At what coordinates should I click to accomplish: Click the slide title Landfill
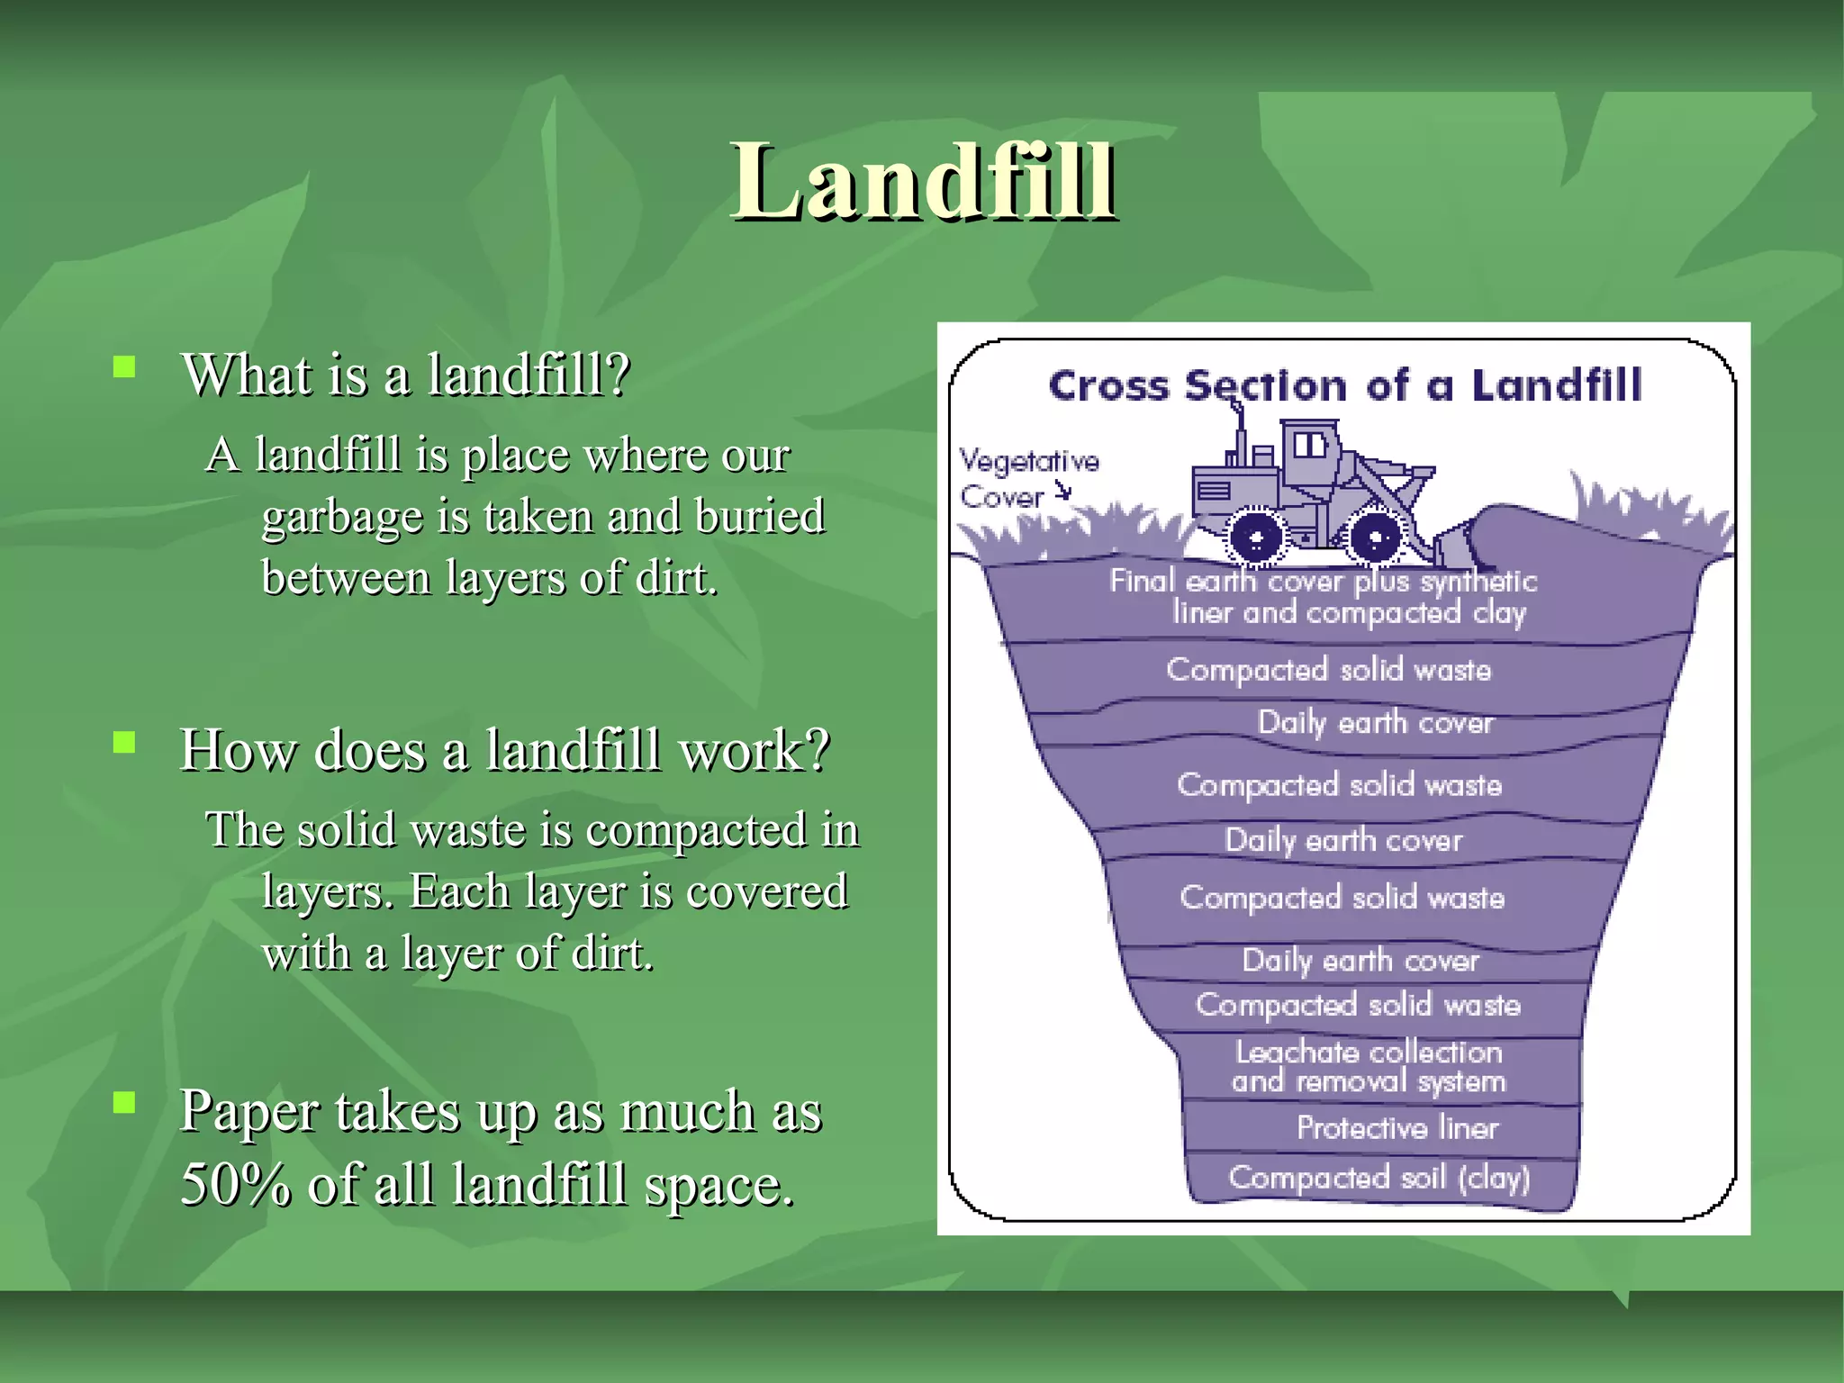coord(924,182)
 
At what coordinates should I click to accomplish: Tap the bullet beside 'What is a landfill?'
coord(124,366)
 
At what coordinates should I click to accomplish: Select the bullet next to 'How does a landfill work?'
coord(124,742)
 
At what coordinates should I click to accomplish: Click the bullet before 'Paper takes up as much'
coord(124,1102)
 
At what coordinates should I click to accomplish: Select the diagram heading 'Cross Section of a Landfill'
coord(1345,385)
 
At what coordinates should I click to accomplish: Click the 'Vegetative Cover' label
coord(1026,478)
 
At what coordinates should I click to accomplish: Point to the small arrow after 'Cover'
coord(1065,491)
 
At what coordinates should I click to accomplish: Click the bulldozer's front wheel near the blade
coord(1374,538)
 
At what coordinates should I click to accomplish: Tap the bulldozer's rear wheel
coord(1255,538)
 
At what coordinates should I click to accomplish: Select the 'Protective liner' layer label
coord(1397,1127)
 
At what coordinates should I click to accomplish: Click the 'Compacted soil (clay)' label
coord(1378,1177)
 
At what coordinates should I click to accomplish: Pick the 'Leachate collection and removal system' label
coord(1369,1066)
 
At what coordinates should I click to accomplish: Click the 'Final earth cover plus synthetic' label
coord(1323,582)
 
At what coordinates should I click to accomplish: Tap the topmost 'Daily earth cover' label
coord(1375,722)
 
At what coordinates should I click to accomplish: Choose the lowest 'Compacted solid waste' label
coord(1358,1004)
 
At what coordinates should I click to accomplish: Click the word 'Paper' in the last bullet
coord(249,1111)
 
